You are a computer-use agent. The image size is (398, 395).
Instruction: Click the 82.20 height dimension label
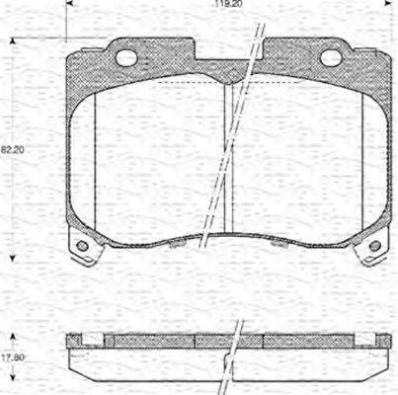point(12,149)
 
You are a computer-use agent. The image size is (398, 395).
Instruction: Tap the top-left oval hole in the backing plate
point(125,57)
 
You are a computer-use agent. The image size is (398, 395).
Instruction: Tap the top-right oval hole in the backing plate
point(331,57)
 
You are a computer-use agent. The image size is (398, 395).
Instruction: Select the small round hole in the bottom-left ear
point(82,245)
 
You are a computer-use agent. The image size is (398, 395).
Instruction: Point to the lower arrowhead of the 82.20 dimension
point(12,256)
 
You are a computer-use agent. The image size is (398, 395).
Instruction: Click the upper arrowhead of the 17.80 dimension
point(12,333)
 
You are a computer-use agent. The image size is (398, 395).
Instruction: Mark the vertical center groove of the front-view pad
point(227,158)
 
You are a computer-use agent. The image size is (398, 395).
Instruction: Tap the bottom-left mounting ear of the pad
point(81,243)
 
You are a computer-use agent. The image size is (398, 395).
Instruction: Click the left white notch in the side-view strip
point(91,339)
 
